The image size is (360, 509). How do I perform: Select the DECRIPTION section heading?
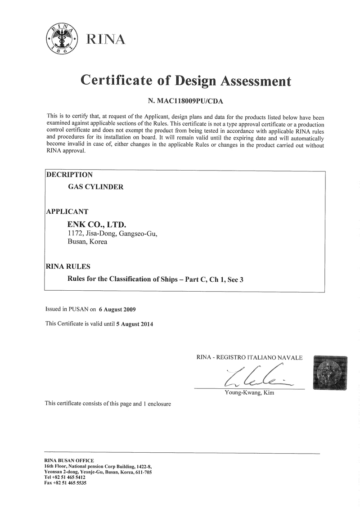pos(70,175)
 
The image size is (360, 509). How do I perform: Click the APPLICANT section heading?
pos(67,211)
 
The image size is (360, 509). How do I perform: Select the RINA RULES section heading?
pos(68,266)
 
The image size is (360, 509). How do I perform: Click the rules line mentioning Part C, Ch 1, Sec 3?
pos(155,279)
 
